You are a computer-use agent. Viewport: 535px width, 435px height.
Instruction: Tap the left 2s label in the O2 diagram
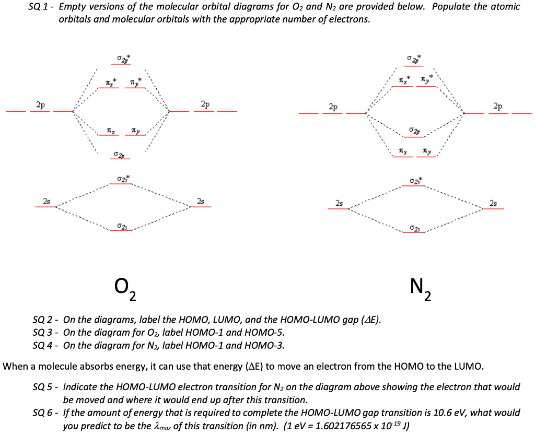[46, 201]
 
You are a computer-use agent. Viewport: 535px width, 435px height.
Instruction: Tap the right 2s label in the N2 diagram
[494, 203]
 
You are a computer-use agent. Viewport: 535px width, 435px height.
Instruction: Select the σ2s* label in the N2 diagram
[416, 180]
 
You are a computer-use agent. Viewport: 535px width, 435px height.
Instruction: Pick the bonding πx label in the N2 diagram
[402, 150]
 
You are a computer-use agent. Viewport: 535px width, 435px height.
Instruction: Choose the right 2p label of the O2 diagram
[205, 104]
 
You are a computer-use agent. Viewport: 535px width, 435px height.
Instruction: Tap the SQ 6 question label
[43, 413]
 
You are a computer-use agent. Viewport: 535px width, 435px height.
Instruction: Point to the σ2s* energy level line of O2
[121, 184]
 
